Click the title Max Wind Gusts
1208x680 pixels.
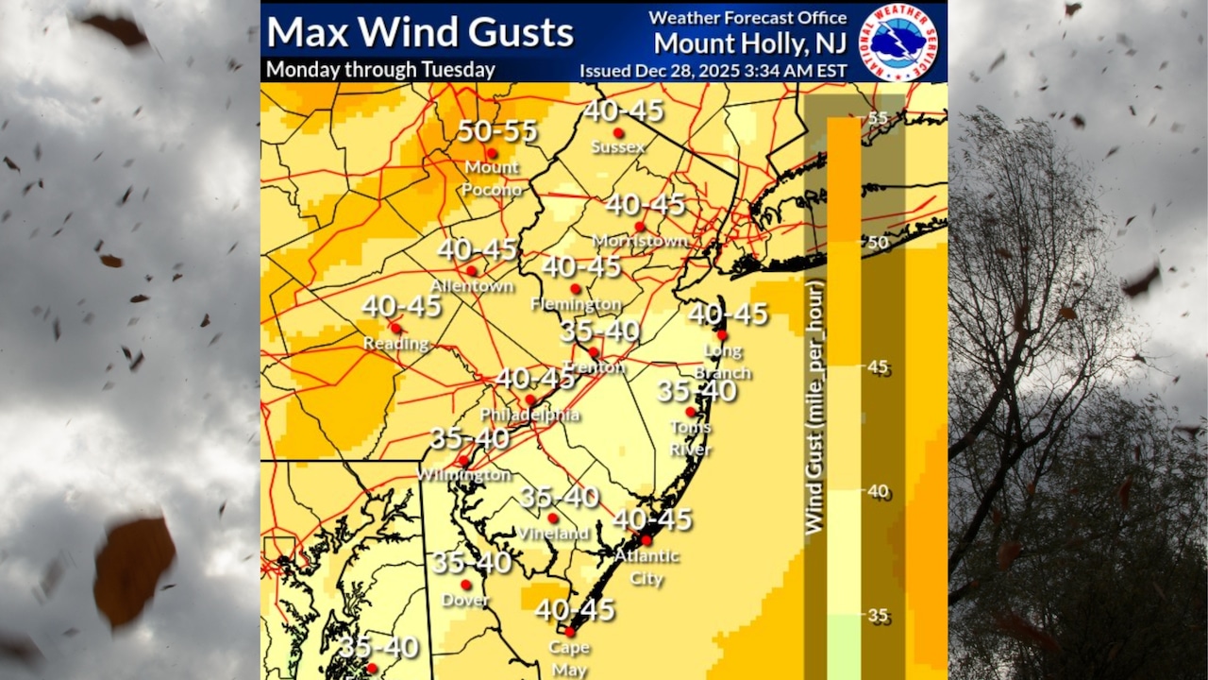[420, 32]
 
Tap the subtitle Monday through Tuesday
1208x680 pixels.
[380, 70]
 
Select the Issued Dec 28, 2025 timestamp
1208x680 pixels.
[713, 70]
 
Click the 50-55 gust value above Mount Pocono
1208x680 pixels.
[497, 131]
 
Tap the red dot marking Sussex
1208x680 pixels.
[618, 133]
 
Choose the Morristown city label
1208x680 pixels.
[640, 241]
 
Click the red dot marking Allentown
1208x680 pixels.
[471, 271]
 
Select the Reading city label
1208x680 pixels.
[396, 343]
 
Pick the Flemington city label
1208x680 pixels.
[576, 304]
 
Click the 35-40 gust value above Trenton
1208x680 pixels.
[600, 331]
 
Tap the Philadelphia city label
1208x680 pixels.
[529, 415]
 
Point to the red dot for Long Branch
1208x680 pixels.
[721, 335]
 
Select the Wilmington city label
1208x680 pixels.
[464, 474]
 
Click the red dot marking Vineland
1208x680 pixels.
[553, 518]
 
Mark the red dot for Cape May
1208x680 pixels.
[569, 632]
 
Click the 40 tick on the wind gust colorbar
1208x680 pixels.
[879, 490]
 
